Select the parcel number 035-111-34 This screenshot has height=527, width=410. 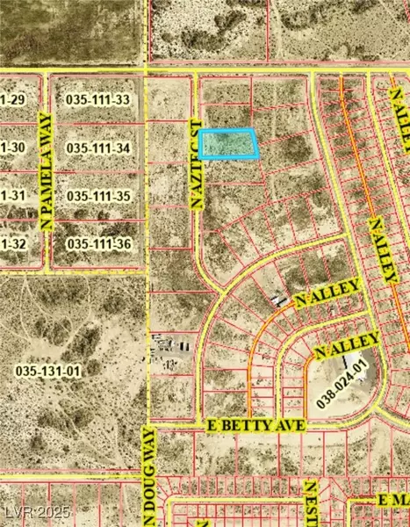(97, 148)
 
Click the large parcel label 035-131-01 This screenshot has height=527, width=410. (47, 372)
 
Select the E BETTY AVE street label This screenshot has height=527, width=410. (256, 425)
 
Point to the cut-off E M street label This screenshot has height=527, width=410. (392, 500)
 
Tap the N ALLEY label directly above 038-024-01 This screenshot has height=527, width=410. (346, 343)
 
